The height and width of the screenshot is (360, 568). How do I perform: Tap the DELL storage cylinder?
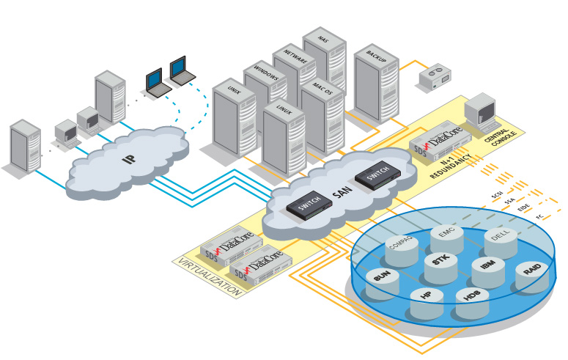point(501,243)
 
